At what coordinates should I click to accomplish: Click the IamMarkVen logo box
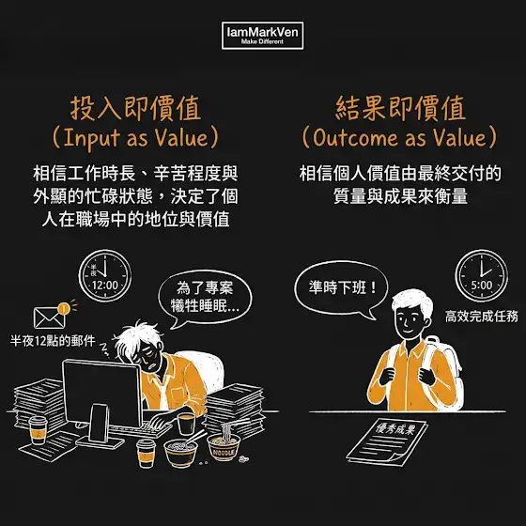tap(263, 36)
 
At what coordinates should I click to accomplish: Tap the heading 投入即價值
tap(135, 108)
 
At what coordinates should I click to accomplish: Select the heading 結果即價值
tap(400, 108)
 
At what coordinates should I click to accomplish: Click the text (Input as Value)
tap(135, 138)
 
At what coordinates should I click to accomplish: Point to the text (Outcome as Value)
tap(399, 137)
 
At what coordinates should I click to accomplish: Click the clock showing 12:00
tap(105, 276)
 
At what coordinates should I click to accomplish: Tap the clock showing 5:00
tap(481, 276)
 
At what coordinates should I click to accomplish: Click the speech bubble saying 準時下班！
tap(341, 290)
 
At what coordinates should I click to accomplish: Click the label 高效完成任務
tap(481, 317)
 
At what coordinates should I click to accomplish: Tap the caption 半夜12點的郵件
tap(53, 341)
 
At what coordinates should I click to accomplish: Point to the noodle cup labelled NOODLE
tap(224, 446)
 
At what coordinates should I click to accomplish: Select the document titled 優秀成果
tap(387, 441)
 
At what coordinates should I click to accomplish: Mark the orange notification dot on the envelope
tap(64, 308)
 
